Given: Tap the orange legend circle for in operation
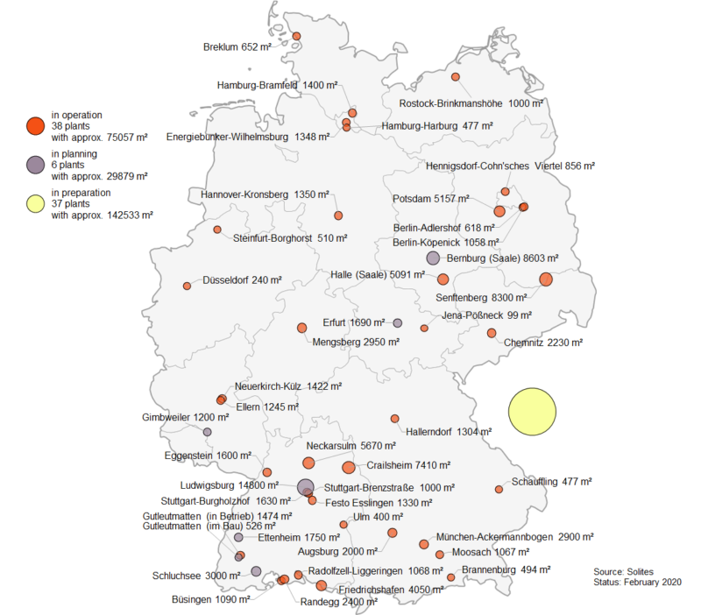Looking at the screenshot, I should point(34,126).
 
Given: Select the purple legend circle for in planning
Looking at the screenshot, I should point(34,165).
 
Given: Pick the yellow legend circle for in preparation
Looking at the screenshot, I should point(34,203).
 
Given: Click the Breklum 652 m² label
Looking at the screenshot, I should point(236,47).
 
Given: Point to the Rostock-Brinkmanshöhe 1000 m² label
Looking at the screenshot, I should point(471,103).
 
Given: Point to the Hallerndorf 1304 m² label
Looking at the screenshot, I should point(449,431).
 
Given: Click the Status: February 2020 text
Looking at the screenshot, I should point(637,582).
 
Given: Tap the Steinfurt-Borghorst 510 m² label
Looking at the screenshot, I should point(290,237).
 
